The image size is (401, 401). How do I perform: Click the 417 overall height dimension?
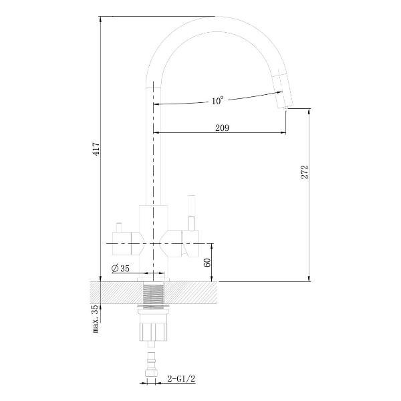(x=96, y=149)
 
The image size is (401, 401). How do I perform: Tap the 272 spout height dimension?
(x=305, y=172)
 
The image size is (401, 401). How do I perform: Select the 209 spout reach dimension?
(x=222, y=128)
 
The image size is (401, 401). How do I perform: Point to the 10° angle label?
(x=217, y=100)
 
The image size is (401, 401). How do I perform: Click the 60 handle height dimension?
(x=207, y=263)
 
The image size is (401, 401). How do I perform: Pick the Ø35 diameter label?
(x=120, y=269)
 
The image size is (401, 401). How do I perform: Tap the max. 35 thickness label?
(x=95, y=319)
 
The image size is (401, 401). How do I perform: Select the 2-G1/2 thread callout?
(x=181, y=379)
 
